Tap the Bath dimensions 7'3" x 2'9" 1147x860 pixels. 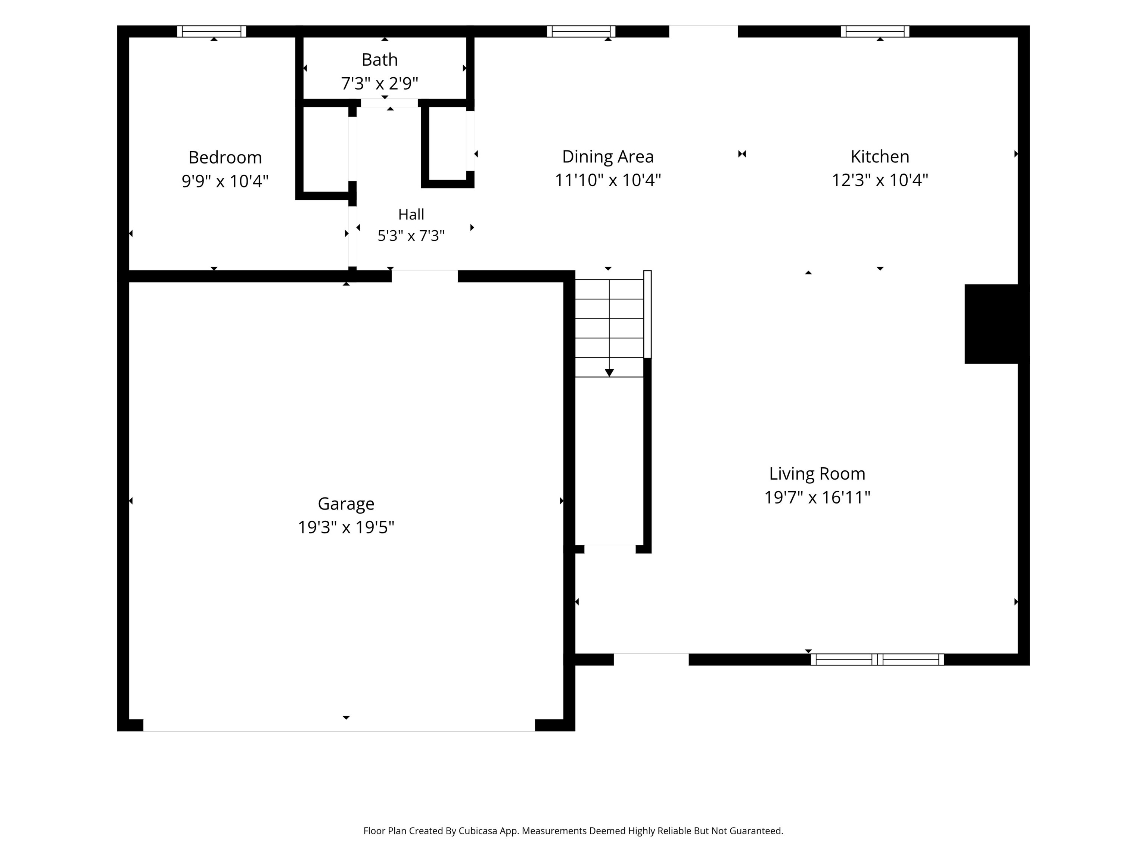coord(380,83)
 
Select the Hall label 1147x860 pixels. coord(411,214)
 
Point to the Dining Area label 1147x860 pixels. coord(608,156)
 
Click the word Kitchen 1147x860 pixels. coord(880,156)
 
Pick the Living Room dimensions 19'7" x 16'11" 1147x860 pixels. coord(817,498)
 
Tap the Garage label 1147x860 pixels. coord(346,504)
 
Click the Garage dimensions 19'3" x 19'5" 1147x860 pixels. coord(346,527)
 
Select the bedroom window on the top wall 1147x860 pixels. coord(212,31)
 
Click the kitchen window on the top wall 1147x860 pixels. coord(875,31)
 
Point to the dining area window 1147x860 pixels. coord(581,31)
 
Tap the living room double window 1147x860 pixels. coord(877,660)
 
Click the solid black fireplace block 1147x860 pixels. coord(997,324)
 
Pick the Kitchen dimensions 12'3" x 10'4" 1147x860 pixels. coord(880,180)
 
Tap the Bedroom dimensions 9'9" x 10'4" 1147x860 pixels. coord(225,181)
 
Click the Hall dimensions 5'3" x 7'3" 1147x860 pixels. coord(411,236)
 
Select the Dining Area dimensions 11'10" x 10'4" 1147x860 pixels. coord(608,180)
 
